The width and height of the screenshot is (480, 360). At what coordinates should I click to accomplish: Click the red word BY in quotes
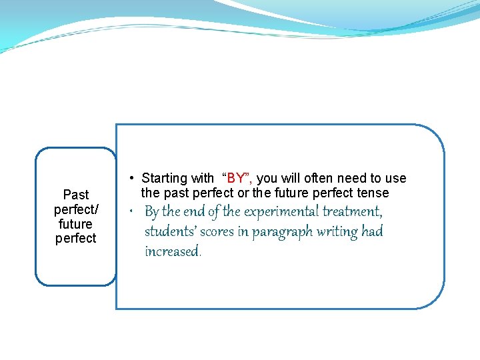[237, 179]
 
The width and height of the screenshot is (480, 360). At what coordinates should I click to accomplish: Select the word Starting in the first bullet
[165, 179]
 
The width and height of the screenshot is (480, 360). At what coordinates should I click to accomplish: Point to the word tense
[373, 193]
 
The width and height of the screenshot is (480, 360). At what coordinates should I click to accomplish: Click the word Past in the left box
[75, 195]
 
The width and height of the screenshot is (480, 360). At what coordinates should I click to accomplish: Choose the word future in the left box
[75, 224]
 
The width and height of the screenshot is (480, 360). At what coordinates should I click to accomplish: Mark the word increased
[173, 252]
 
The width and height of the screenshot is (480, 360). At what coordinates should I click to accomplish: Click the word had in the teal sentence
[373, 232]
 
